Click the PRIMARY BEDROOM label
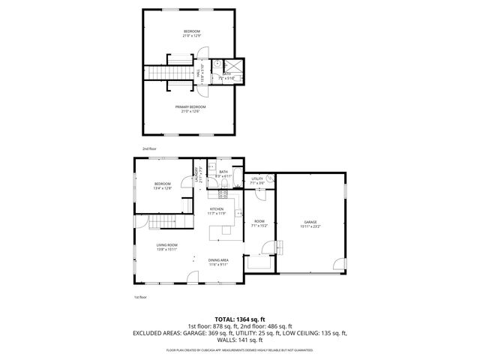pos(191,107)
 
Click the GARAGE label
pos(310,222)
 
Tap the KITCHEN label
pos(217,209)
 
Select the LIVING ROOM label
pos(166,245)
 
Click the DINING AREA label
pos(218,260)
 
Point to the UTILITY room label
pos(257,179)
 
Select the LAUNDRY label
pos(199,175)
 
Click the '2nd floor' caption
pos(149,148)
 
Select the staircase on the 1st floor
pos(161,223)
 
